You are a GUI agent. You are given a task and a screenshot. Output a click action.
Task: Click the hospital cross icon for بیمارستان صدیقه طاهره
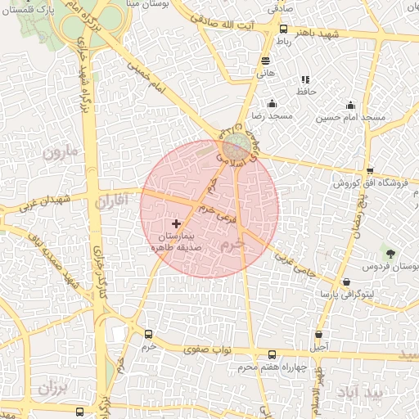coord(177,223)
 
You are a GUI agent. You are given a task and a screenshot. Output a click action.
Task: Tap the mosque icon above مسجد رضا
coord(273,104)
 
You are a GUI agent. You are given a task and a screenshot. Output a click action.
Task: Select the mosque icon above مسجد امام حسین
coord(351,105)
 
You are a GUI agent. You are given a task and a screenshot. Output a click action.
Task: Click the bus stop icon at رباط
coord(283,29)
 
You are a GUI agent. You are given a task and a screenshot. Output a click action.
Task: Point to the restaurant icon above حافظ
coord(305,80)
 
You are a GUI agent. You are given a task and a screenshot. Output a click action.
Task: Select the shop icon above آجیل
coord(318,334)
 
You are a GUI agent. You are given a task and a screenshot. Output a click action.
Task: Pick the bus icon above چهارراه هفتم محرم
coord(273,354)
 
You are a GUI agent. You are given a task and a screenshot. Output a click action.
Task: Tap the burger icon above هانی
coord(265,61)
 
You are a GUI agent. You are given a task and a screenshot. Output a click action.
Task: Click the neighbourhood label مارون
coord(59,153)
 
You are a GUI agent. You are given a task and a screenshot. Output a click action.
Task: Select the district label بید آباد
coord(376,394)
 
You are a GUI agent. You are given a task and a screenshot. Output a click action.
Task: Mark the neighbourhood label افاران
coord(113,200)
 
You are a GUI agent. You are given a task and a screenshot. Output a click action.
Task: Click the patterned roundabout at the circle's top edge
coord(238,146)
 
